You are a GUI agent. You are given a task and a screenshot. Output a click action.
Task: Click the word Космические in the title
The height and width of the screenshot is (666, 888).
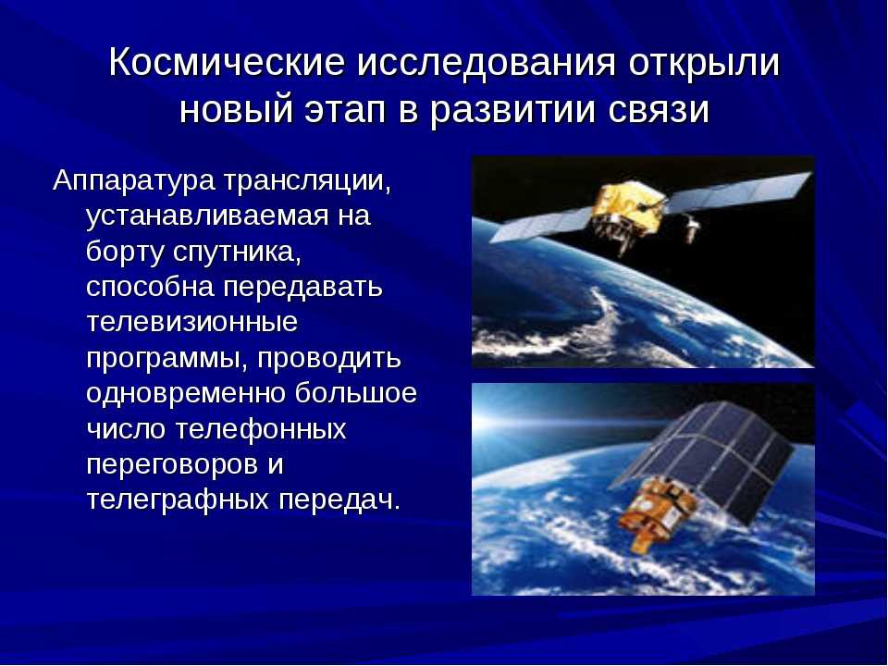pyautogui.click(x=227, y=61)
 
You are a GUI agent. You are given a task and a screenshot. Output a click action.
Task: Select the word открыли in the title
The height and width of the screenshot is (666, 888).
pyautogui.click(x=704, y=61)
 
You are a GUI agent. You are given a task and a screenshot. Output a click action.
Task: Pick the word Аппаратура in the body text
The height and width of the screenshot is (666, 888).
pyautogui.click(x=133, y=182)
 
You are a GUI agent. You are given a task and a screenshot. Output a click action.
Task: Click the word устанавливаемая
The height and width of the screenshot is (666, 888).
pyautogui.click(x=207, y=217)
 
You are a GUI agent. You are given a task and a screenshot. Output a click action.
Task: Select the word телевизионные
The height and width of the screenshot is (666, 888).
pyautogui.click(x=192, y=322)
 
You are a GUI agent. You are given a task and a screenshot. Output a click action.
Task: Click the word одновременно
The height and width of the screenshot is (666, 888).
pyautogui.click(x=185, y=394)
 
